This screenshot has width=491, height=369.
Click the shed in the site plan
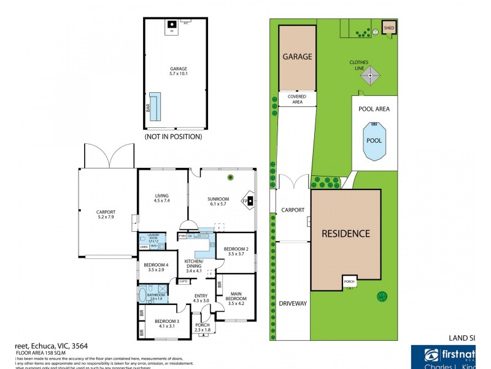pos(389,28)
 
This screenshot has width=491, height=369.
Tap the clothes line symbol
pos(370,76)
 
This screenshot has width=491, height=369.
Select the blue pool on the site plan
pos(374,140)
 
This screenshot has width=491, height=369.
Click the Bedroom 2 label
pos(236,250)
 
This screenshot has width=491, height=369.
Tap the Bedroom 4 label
pos(156,267)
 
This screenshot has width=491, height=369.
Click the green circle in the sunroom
pos(231,178)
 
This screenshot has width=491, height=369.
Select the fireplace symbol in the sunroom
pos(250,200)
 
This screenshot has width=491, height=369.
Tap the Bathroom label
pos(156,296)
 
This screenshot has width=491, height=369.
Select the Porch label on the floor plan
pos(202,327)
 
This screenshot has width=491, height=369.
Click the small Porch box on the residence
pos(350,282)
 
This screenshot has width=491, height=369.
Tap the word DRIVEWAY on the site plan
pos(292,303)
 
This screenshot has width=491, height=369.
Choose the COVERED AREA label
pos(297,100)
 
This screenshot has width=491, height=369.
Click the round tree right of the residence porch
pos(382,298)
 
